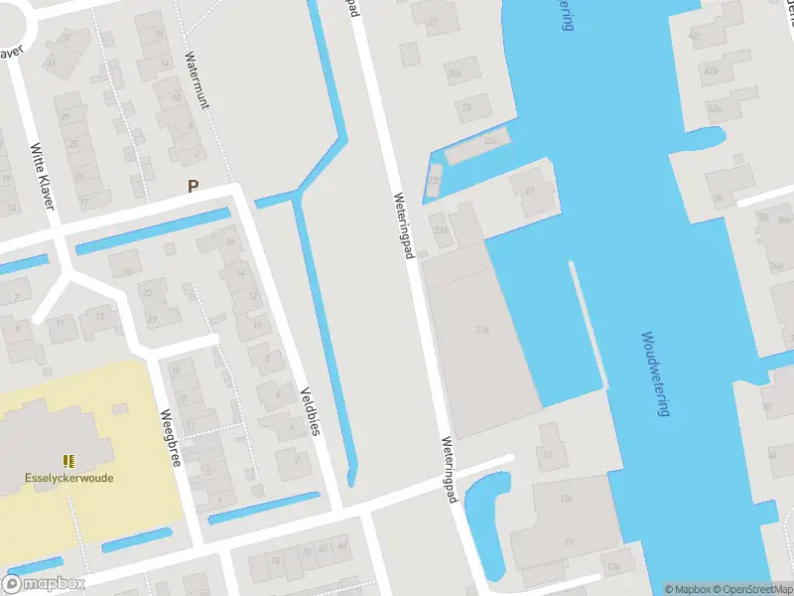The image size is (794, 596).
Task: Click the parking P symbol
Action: (194, 185)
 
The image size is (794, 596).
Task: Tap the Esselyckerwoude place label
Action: (68, 477)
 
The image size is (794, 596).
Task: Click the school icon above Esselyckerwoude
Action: (68, 461)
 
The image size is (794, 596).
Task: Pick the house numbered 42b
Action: (711, 72)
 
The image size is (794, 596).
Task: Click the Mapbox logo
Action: (44, 584)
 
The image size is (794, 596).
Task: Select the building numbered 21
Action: (547, 454)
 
